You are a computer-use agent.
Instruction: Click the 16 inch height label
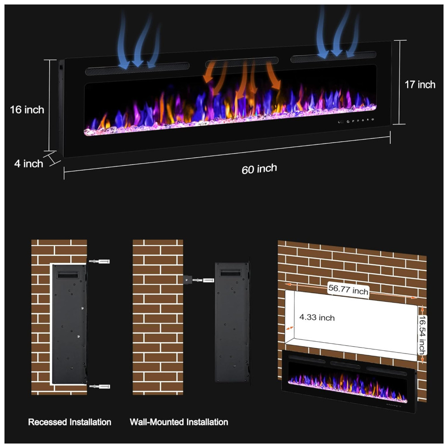pos(27,110)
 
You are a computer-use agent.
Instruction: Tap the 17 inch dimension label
pos(420,85)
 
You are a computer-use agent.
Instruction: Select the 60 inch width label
pos(259,169)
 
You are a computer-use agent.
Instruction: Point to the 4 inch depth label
pos(29,164)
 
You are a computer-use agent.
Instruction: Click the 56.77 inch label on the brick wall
pos(348,290)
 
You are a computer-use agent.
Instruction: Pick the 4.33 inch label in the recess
pos(317,318)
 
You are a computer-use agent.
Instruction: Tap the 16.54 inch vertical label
pos(422,335)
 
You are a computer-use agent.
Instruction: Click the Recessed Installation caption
pos(70,422)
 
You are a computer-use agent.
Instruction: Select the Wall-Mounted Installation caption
pos(179,422)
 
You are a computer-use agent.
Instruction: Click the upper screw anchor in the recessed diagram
pos(99,261)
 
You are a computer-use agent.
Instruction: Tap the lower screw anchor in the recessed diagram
pos(99,387)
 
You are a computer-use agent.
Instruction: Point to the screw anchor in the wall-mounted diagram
pos(203,280)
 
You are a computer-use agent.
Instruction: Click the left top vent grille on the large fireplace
pos(137,69)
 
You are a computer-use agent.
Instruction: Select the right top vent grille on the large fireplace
pos(333,56)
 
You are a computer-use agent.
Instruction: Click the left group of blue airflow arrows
pos(138,40)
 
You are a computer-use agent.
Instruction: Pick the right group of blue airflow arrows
pos(337,31)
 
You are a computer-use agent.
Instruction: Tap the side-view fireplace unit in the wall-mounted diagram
pos(232,322)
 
